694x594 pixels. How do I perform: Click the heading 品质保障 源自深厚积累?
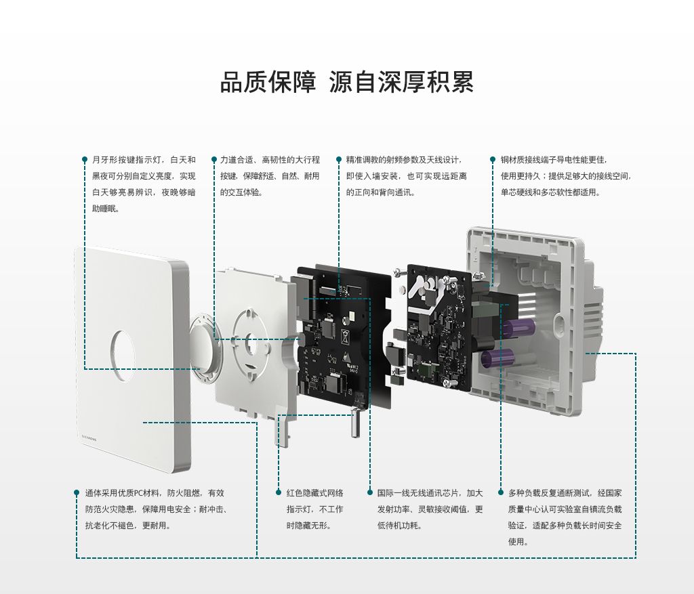tap(347, 82)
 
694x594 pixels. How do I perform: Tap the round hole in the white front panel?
tap(123, 356)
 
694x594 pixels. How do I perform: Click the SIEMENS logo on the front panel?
tap(89, 439)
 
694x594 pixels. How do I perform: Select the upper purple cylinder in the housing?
tap(518, 328)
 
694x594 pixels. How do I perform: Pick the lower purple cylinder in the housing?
tap(498, 358)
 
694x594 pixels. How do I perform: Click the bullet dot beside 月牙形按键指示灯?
tap(85, 160)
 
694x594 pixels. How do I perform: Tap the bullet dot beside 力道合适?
tap(214, 160)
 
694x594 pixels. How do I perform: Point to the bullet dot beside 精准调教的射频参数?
tap(339, 160)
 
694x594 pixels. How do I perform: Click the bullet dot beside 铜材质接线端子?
tap(493, 160)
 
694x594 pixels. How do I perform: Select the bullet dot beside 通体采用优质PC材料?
tap(77, 492)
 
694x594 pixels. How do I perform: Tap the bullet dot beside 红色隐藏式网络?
tap(279, 492)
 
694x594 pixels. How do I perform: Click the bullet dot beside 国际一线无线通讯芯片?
tap(369, 492)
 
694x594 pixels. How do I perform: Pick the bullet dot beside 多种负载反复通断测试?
tap(501, 492)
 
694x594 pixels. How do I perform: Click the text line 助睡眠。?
tap(106, 209)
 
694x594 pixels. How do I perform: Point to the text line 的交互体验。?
tap(242, 192)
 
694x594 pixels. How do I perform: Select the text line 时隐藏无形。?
tap(309, 526)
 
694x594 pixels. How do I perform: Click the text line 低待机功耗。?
tap(400, 526)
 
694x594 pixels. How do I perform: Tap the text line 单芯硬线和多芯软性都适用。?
tap(550, 192)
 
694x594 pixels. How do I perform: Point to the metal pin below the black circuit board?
tap(354, 423)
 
